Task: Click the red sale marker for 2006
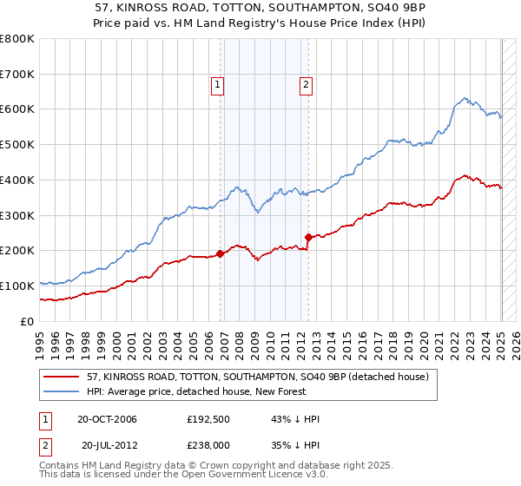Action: click(x=221, y=253)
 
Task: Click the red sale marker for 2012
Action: click(x=308, y=237)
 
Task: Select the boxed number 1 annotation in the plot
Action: click(x=216, y=85)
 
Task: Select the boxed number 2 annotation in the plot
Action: click(x=307, y=85)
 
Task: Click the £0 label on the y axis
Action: click(x=29, y=321)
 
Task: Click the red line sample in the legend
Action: click(x=62, y=378)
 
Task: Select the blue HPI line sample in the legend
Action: click(x=62, y=392)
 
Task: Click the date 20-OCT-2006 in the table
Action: click(x=107, y=419)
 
